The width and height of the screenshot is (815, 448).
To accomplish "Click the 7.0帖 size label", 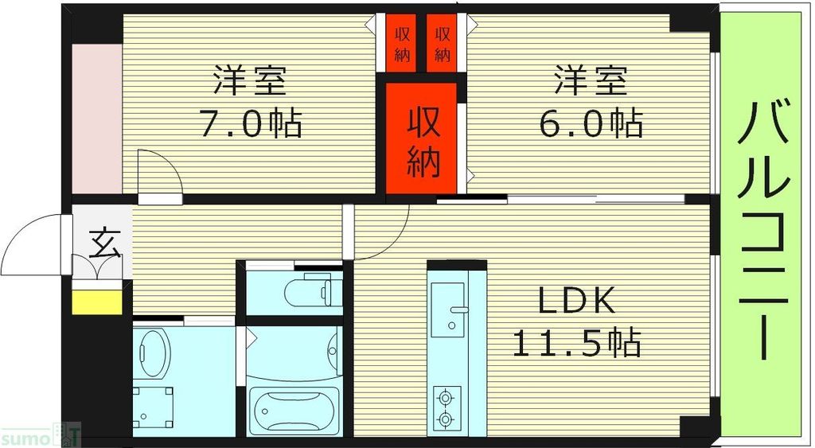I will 250,124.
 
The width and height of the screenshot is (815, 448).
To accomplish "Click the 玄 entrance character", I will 103,240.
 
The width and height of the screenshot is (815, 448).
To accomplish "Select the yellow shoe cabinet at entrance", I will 97,302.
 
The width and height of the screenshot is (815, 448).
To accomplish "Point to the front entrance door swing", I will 32,244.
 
